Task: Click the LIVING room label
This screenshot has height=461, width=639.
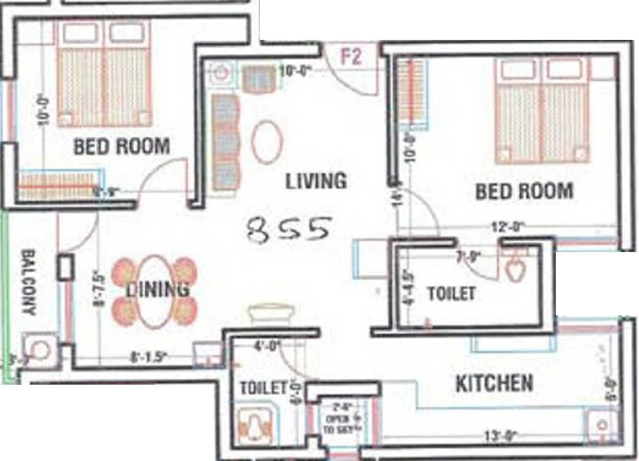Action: click(316, 181)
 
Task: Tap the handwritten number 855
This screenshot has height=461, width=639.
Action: click(289, 229)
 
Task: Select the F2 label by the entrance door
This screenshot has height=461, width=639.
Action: click(351, 57)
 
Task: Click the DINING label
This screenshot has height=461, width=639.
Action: click(158, 289)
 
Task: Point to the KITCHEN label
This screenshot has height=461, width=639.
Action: click(494, 384)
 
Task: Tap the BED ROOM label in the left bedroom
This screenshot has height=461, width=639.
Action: click(121, 146)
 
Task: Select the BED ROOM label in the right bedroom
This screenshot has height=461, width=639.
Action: click(524, 191)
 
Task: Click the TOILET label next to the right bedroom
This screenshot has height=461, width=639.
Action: click(451, 294)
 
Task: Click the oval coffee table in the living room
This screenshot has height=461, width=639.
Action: click(267, 142)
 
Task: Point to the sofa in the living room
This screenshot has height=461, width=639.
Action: click(225, 142)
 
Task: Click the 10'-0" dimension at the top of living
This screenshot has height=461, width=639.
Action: click(294, 71)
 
